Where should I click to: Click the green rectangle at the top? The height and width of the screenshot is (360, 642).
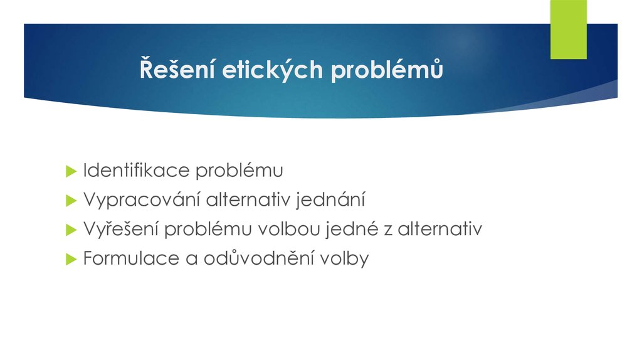[x=568, y=29]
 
